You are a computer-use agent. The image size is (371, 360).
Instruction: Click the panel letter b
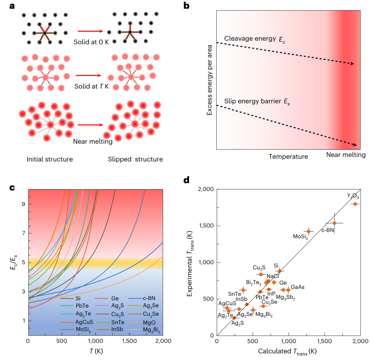pos(186,6)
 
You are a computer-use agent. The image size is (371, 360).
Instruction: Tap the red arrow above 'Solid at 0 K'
pos(90,31)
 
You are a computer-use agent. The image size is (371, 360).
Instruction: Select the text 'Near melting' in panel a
pos(93,141)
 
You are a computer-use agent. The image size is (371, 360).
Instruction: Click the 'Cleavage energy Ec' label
pos(255,39)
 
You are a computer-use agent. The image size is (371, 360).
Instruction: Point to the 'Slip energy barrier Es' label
pos(257,101)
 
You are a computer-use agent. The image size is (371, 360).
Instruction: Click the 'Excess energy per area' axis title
pos(210,80)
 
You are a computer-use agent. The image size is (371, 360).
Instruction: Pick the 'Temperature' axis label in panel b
pos(288,157)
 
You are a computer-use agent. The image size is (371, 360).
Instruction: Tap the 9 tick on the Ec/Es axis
pos(23,204)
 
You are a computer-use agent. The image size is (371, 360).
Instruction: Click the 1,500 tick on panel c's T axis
pos(129,341)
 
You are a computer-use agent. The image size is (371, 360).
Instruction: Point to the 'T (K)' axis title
pos(96,351)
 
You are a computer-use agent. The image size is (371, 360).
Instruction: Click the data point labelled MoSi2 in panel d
pos(309,231)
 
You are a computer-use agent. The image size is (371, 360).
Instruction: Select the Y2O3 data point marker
pos(355,204)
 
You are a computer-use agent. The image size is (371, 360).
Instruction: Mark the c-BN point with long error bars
pos(334,223)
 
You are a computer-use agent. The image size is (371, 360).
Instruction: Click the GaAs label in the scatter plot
pos(297,287)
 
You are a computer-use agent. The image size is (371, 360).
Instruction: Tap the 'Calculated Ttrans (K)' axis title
pos(287,352)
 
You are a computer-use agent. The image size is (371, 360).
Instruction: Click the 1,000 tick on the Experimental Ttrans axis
pos(206,262)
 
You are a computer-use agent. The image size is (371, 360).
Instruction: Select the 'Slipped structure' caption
pos(135,160)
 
